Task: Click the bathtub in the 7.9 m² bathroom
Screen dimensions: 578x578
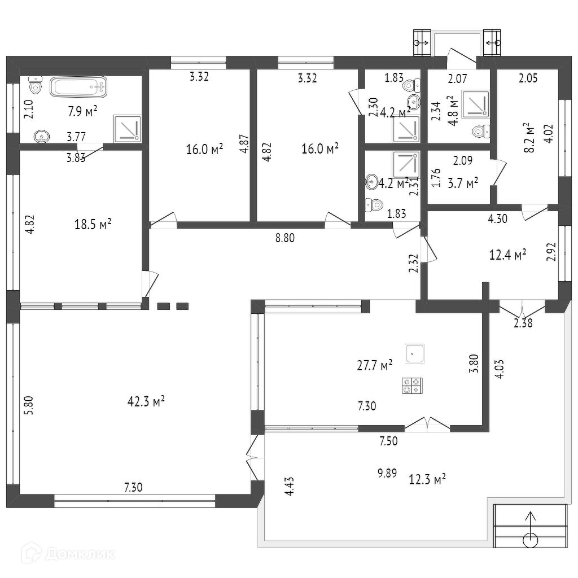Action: (78, 87)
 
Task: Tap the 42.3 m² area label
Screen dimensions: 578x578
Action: (146, 401)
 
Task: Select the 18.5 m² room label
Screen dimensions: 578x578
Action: (93, 224)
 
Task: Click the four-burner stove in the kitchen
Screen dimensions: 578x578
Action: (411, 386)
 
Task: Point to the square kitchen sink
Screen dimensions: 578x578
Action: (415, 353)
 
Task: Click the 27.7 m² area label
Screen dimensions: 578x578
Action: (375, 365)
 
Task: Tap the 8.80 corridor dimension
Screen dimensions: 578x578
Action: (285, 238)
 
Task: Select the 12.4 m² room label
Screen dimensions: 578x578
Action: (507, 255)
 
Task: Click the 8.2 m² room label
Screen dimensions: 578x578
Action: (529, 138)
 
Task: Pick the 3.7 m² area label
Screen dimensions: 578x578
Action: (463, 183)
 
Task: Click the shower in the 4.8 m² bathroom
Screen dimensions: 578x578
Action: (475, 103)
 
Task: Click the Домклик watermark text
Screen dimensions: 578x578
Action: (79, 554)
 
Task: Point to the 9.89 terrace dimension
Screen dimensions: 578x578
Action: (387, 473)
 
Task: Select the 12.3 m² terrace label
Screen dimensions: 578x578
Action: (428, 479)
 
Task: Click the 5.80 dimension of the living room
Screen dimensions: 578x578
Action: (29, 405)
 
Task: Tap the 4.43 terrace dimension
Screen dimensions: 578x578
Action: (290, 486)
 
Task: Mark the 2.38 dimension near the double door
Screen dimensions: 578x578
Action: (523, 323)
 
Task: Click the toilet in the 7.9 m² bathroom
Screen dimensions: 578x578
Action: (36, 86)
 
